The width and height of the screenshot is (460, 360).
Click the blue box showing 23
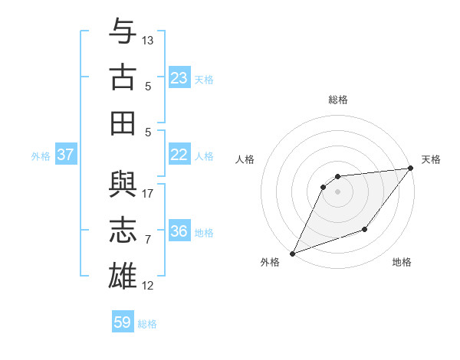click(179, 78)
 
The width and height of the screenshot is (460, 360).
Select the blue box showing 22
click(179, 155)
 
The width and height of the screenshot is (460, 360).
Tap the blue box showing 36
click(179, 231)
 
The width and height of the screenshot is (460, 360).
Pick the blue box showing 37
click(66, 155)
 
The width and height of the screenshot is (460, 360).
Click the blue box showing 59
click(123, 322)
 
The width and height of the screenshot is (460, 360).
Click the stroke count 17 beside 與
click(148, 193)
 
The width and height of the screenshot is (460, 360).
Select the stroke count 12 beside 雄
click(148, 286)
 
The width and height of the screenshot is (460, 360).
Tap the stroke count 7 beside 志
click(148, 240)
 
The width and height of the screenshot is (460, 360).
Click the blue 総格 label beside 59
click(147, 324)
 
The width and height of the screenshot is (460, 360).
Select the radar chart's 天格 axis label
click(431, 159)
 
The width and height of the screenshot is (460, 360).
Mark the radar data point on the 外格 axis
click(292, 254)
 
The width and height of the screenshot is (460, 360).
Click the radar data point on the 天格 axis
click(411, 169)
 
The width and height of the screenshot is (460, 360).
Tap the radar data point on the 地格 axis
click(366, 229)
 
